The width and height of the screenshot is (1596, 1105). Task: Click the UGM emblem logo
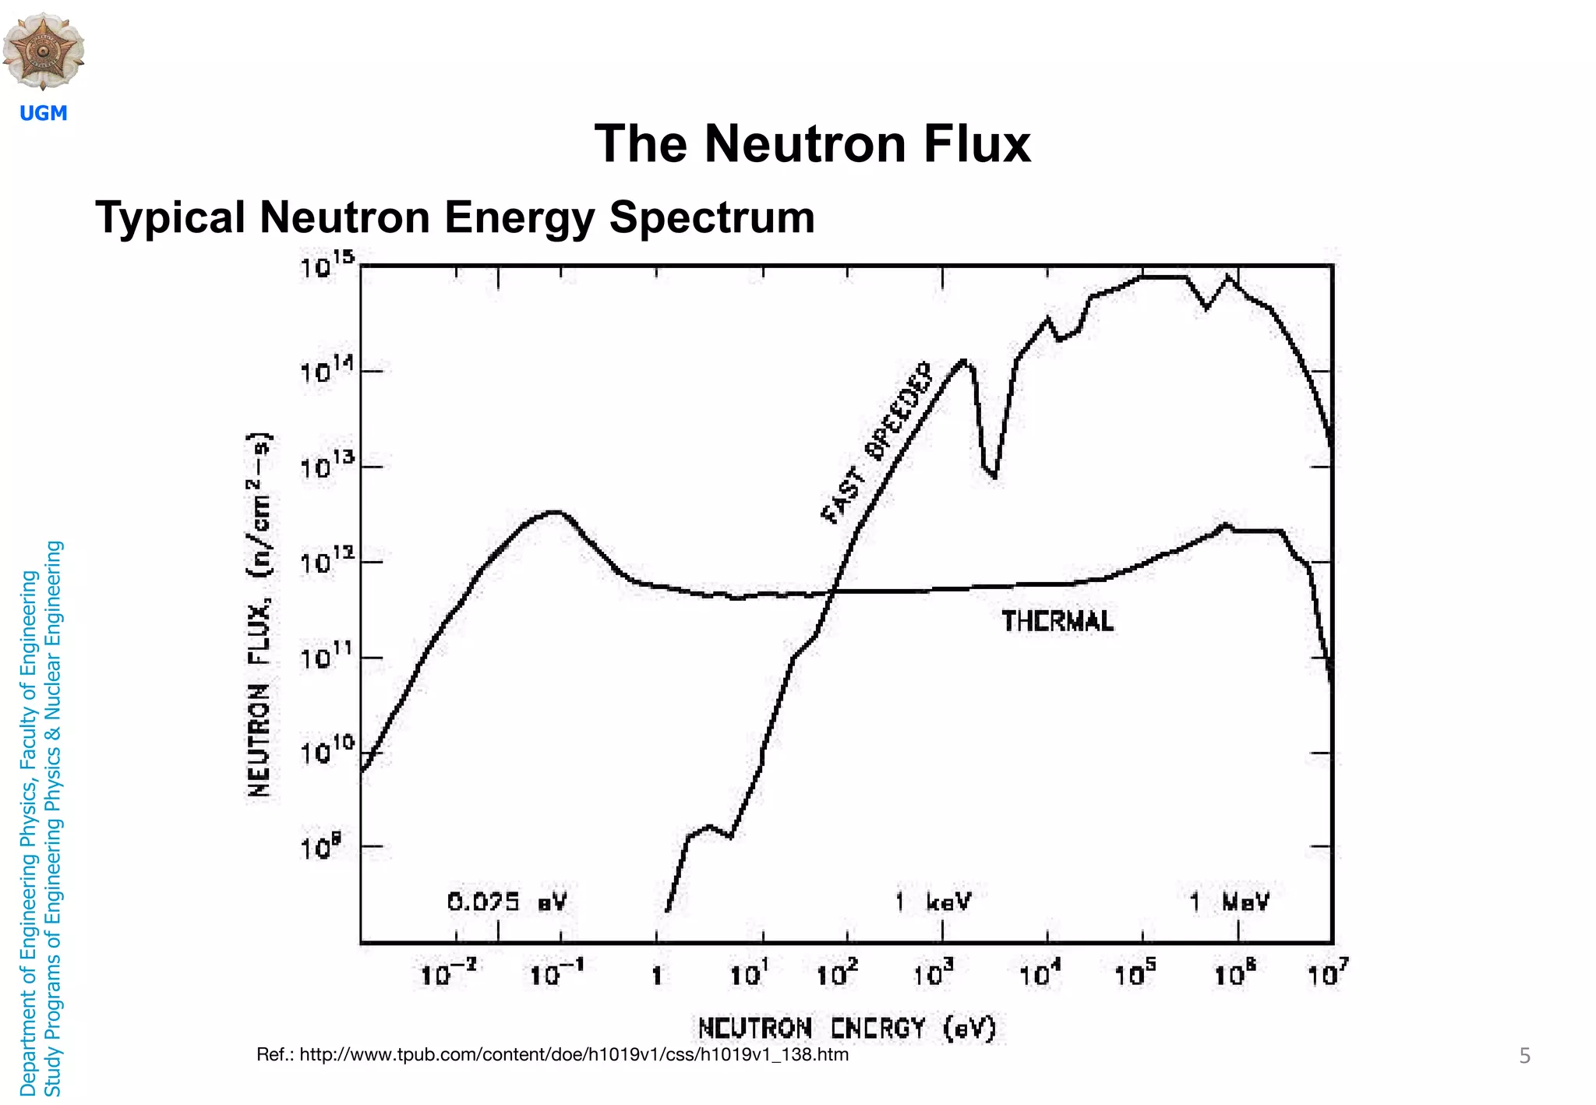44,50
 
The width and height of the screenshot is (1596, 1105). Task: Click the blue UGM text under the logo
44,114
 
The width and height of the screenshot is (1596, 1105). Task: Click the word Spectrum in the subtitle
711,217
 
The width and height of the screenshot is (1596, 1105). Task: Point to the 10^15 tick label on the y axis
327,266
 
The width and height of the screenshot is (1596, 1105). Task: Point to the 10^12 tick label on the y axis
327,561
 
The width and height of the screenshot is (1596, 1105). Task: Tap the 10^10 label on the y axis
327,751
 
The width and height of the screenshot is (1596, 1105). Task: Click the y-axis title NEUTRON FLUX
260,616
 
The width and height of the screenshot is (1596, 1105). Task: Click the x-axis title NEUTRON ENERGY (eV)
847,1029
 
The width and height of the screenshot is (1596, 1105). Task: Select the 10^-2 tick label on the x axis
448,973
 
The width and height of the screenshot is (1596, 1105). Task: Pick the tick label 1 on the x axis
657,976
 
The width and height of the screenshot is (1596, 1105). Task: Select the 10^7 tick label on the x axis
1327,973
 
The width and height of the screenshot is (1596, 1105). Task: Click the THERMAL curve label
1057,622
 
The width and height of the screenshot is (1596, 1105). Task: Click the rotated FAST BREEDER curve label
877,443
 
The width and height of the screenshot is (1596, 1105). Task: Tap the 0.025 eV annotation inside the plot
507,902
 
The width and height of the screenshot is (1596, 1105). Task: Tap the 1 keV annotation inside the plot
933,902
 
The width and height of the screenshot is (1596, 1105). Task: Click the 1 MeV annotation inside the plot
1229,902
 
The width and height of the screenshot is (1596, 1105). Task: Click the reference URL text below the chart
553,1055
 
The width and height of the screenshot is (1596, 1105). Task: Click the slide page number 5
1524,1057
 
